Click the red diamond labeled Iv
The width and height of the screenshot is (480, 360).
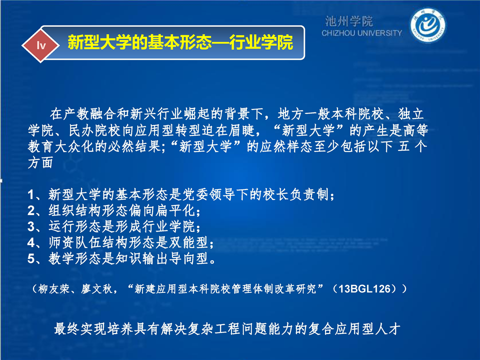(40, 45)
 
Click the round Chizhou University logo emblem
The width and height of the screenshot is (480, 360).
(427, 25)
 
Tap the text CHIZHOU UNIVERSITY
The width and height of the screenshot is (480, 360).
(361, 33)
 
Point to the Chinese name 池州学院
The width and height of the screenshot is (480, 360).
(348, 21)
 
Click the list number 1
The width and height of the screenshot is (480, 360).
(31, 194)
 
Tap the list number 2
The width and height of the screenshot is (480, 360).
(31, 210)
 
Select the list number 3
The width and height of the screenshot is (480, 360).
(31, 226)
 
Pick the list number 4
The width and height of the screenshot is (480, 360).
(31, 242)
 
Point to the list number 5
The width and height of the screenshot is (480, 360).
(31, 258)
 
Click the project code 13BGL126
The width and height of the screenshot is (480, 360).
(364, 288)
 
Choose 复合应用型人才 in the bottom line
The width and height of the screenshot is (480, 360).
(354, 329)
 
